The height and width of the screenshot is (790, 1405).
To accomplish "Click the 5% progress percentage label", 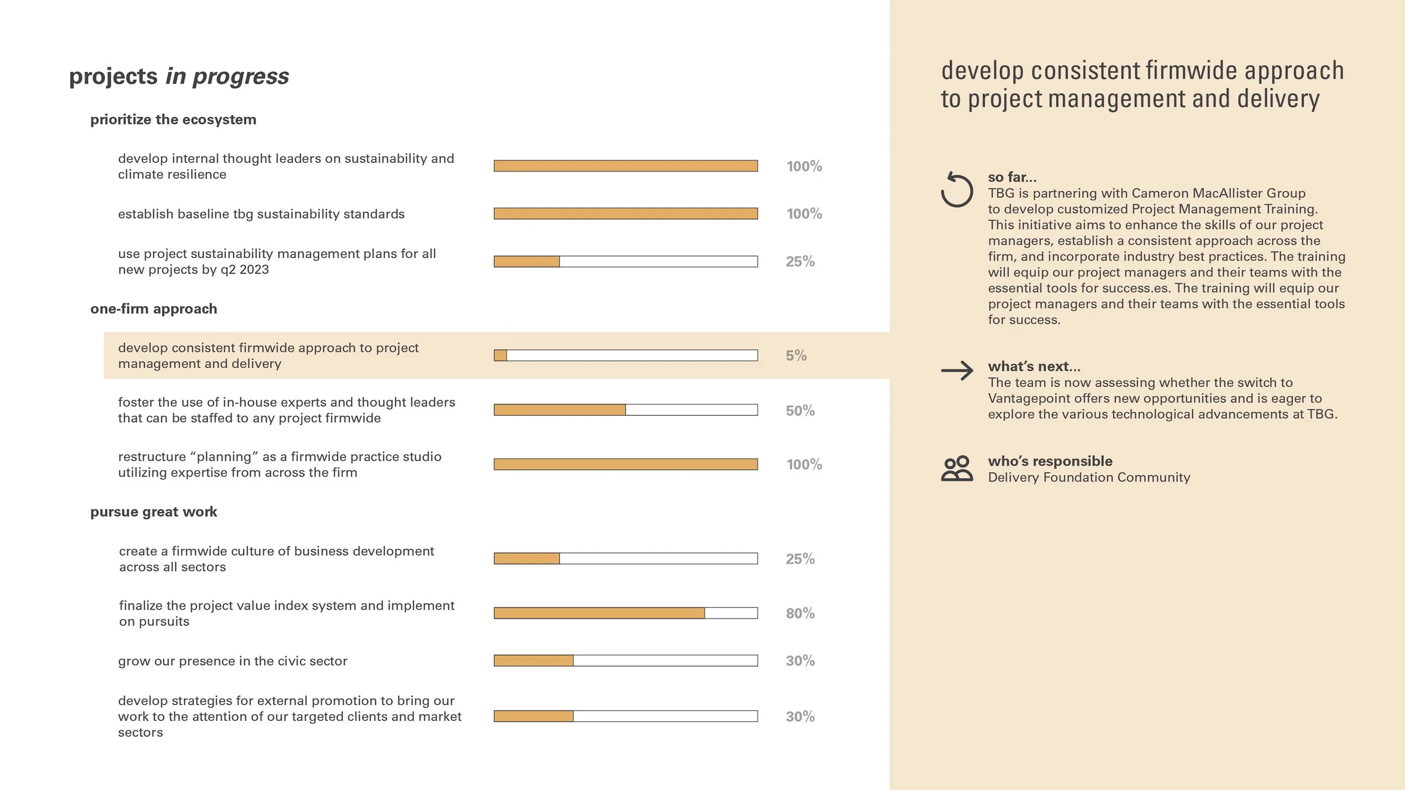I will coord(796,356).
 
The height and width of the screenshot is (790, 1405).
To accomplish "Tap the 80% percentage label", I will coord(800,613).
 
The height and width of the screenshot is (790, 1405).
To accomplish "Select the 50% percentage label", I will coord(800,411).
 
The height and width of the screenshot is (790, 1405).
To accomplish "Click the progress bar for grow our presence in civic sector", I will coord(626,661).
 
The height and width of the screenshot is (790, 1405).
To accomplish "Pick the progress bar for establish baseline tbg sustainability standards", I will coord(626,214).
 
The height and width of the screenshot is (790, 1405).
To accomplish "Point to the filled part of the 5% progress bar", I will coord(500,356).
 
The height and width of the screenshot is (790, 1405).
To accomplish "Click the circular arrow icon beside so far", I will coord(957,190).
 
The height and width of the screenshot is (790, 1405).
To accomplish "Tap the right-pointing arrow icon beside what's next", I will coord(957,370).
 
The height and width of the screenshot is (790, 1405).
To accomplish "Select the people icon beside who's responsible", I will coord(957,469).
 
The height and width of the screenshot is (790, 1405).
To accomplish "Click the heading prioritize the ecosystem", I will coord(173,120).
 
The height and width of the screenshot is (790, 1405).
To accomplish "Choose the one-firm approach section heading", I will coord(153,309).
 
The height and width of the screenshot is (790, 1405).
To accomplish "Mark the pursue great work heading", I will coord(153,512).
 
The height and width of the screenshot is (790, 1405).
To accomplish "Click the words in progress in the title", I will coord(227,76).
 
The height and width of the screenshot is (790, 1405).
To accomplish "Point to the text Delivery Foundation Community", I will coord(1089,478).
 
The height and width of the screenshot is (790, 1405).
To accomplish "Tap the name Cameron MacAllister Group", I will coord(1218,193).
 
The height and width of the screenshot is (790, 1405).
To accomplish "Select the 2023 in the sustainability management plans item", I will coord(254,270).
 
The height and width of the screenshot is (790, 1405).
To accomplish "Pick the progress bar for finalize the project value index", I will coord(626,613).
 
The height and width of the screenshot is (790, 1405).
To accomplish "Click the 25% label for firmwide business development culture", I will coord(800,559).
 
